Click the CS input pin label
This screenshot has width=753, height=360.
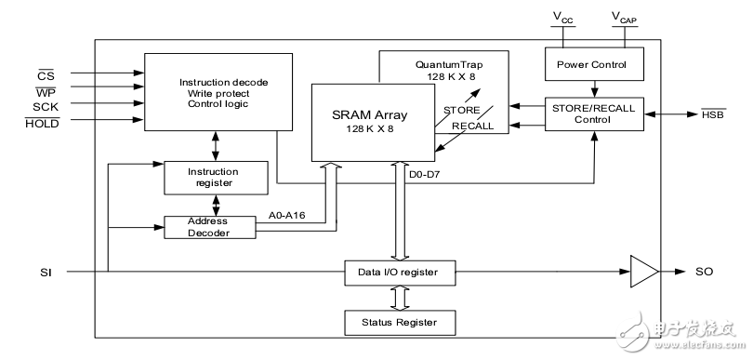[45, 71]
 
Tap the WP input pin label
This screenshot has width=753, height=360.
[45, 89]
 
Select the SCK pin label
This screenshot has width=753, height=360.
[44, 106]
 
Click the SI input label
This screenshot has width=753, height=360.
[46, 272]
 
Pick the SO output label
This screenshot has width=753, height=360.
[705, 272]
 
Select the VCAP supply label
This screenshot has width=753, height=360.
[623, 18]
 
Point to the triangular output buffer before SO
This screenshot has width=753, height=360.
[642, 272]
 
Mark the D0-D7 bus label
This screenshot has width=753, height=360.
[426, 172]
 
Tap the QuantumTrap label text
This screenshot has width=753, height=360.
[444, 63]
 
